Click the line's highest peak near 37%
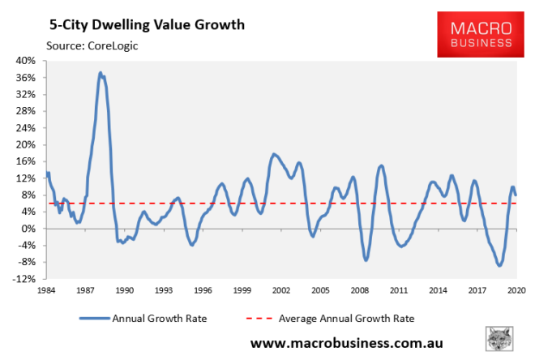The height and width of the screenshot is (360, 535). [101, 73]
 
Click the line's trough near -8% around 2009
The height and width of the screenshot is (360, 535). [366, 260]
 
